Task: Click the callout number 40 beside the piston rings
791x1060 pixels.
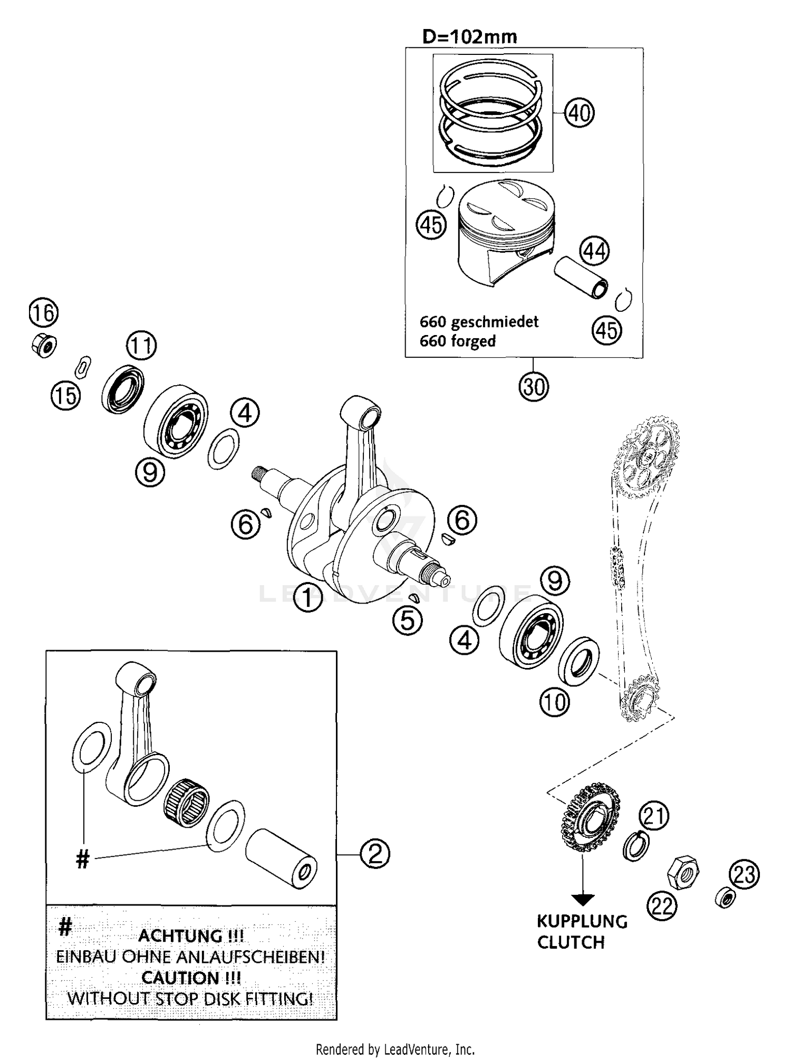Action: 579,113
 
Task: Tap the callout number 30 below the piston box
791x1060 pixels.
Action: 533,387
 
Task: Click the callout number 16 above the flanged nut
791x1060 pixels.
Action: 43,313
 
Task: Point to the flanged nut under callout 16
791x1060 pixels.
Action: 44,346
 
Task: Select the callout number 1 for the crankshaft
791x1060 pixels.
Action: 307,598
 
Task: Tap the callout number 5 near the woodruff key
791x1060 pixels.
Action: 407,620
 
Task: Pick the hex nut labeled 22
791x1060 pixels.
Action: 683,873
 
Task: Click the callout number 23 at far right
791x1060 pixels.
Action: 744,874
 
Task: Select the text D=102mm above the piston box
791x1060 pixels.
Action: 469,36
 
